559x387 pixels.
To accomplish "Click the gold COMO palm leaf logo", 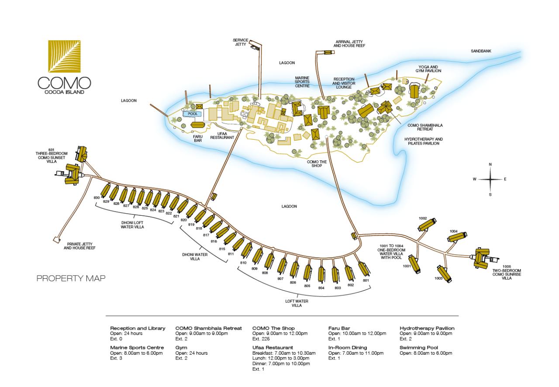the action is (64, 56).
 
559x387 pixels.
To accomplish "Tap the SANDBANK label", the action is (481, 51).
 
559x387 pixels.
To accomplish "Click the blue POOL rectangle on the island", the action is (193, 114).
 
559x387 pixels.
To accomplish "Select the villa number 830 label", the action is (97, 198).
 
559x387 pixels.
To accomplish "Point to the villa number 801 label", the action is (366, 280).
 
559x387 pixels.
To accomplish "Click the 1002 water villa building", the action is (427, 225).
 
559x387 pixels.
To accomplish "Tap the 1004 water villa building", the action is (457, 237).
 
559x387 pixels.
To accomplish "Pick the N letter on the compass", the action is (490, 165).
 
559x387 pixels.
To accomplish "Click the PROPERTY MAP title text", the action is (71, 278).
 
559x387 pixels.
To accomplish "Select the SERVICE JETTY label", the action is (241, 42).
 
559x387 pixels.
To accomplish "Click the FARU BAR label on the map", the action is (198, 138).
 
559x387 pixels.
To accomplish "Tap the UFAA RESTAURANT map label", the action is (222, 135).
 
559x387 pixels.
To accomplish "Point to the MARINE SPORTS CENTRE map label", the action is (302, 82).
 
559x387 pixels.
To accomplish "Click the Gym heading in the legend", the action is (181, 348).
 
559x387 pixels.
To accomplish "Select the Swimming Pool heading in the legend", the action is (419, 348).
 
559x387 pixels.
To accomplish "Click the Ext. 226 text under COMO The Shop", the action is (261, 339).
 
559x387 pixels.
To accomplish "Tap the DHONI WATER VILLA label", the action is (195, 257).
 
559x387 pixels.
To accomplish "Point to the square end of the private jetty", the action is (57, 239).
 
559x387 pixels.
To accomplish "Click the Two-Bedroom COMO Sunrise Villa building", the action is (482, 259).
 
